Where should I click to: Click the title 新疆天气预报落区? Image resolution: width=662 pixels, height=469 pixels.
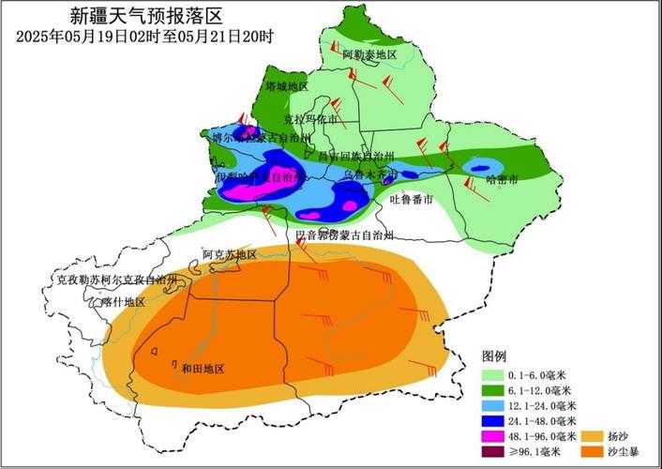(147, 16)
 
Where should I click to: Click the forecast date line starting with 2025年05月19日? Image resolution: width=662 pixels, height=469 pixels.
(145, 37)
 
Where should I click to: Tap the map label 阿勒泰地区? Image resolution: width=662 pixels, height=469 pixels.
(369, 55)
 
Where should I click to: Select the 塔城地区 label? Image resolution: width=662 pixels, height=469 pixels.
(286, 86)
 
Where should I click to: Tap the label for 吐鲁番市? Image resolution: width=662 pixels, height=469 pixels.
(411, 200)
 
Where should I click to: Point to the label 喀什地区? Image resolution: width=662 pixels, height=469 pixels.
(123, 301)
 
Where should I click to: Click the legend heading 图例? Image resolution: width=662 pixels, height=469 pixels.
(494, 356)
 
